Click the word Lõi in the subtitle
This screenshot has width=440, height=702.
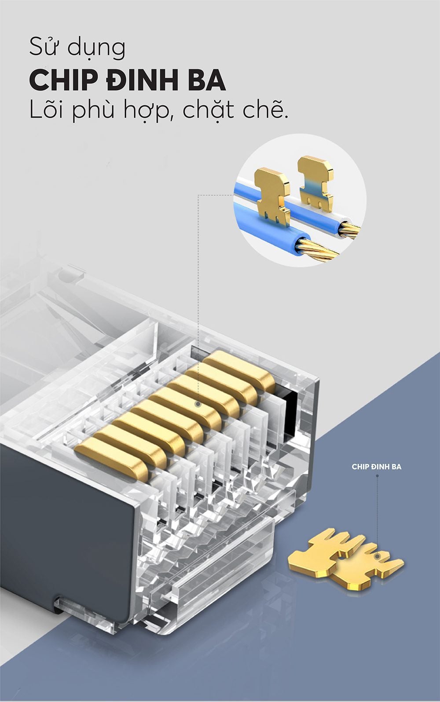(48, 110)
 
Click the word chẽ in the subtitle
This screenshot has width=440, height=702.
(265, 110)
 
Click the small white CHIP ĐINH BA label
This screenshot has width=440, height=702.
(376, 467)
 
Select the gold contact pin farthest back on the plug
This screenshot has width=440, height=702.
(241, 370)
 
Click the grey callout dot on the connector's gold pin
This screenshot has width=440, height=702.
(198, 404)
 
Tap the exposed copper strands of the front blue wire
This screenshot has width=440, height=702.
(317, 249)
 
